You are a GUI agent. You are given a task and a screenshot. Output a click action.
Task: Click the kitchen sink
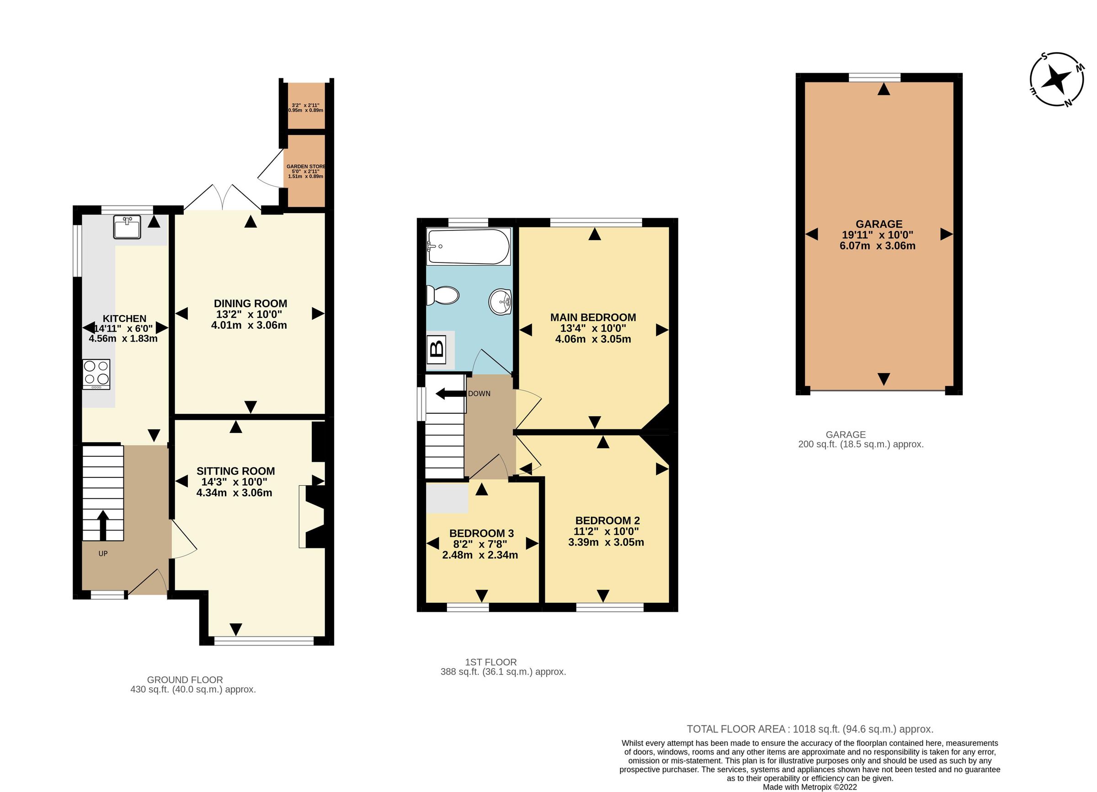pyautogui.click(x=127, y=227)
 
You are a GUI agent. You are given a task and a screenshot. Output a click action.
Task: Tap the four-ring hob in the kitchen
pyautogui.click(x=96, y=374)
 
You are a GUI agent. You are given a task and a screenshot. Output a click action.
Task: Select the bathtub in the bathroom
pyautogui.click(x=468, y=246)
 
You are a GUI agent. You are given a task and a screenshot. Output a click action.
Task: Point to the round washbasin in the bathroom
pyautogui.click(x=500, y=302)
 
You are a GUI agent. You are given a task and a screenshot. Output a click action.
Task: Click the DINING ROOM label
pyautogui.click(x=250, y=303)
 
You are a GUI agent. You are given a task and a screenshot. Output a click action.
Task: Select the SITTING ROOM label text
pyautogui.click(x=235, y=471)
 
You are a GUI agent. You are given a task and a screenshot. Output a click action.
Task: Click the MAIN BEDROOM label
pyautogui.click(x=592, y=317)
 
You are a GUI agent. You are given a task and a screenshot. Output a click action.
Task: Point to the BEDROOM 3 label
pyautogui.click(x=481, y=533)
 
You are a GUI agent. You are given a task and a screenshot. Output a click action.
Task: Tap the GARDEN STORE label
pyautogui.click(x=305, y=166)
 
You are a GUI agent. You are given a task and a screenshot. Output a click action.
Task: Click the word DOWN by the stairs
pyautogui.click(x=479, y=394)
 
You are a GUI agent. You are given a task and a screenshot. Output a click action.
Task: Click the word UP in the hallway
pyautogui.click(x=103, y=553)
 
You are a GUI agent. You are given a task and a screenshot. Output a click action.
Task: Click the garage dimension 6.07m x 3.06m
pyautogui.click(x=877, y=246)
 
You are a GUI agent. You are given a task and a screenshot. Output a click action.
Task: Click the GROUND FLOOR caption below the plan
pyautogui.click(x=185, y=680)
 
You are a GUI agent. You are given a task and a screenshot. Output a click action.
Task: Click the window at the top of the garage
pyautogui.click(x=874, y=77)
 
